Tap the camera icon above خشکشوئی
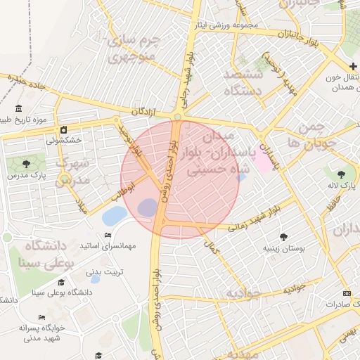[64, 129]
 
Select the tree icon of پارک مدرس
[27, 164]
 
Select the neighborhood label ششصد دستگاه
[243, 82]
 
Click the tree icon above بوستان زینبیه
[283, 237]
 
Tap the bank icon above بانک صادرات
[346, 292]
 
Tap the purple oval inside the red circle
[148, 207]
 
